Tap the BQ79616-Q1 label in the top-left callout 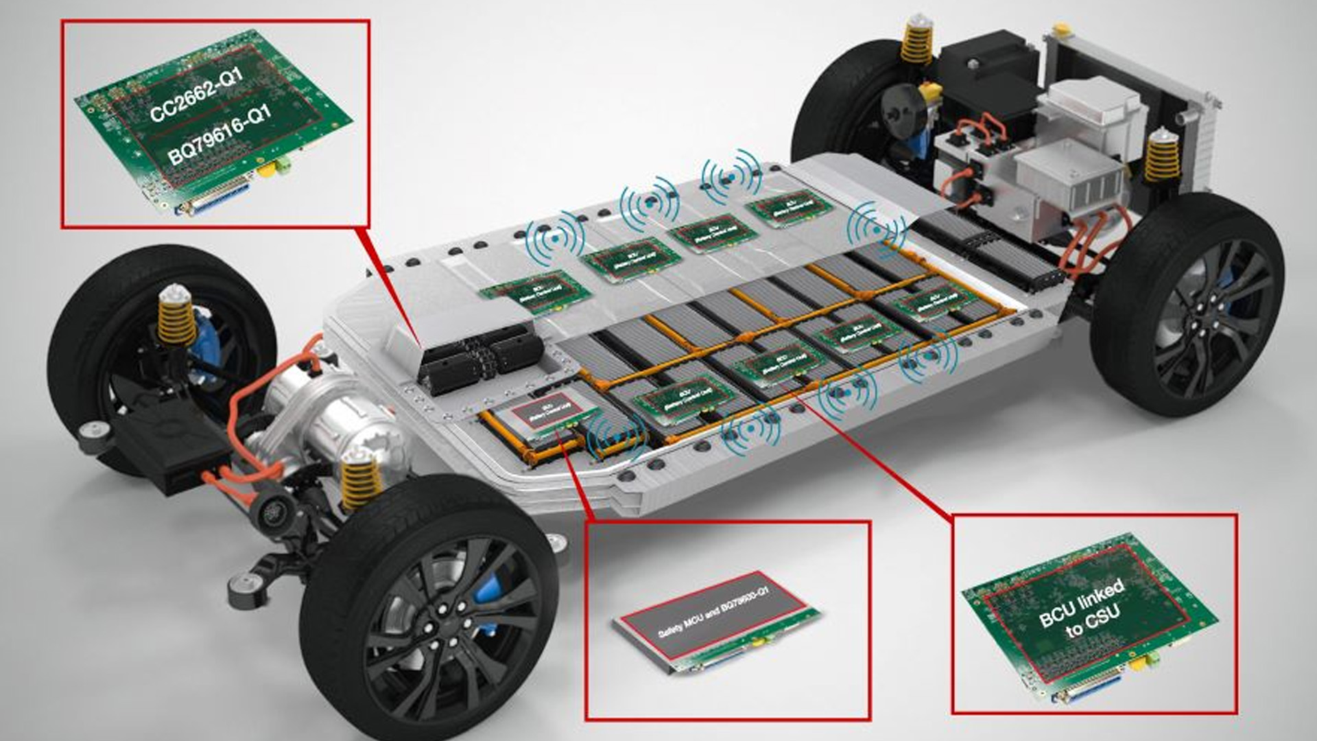pos(219,135)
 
